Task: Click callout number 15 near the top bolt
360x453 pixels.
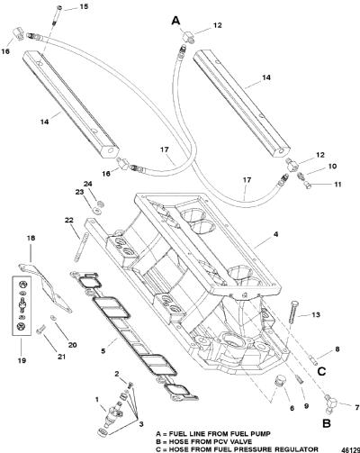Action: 85,6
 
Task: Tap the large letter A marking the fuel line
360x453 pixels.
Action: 176,21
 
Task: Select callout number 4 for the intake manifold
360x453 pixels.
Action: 275,234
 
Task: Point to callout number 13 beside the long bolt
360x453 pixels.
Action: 316,314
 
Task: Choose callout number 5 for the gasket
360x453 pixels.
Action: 103,350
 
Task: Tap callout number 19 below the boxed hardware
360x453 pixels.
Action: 22,360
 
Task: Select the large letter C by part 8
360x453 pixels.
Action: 321,372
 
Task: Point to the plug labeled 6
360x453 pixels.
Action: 280,382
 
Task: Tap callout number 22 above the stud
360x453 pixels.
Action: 68,220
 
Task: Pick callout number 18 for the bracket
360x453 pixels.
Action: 31,238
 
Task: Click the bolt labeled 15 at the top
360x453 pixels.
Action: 56,17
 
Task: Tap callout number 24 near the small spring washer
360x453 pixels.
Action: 88,184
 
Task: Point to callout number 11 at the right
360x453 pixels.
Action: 337,184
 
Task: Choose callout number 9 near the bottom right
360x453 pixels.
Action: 306,406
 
